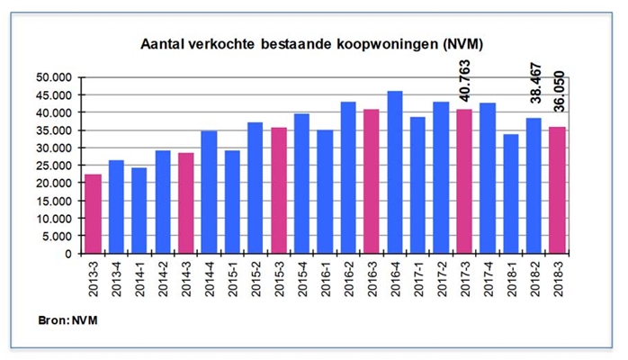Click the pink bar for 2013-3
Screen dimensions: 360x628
coord(94,214)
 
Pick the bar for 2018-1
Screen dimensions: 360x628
coord(511,194)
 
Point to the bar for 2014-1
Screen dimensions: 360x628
coord(139,211)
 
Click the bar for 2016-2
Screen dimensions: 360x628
coord(348,178)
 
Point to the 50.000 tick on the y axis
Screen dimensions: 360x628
coord(58,77)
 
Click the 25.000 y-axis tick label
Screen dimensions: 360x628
coord(58,166)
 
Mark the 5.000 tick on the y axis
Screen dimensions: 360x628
coord(61,236)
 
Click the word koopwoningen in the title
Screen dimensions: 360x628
coord(368,44)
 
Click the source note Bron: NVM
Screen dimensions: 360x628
coord(68,319)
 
